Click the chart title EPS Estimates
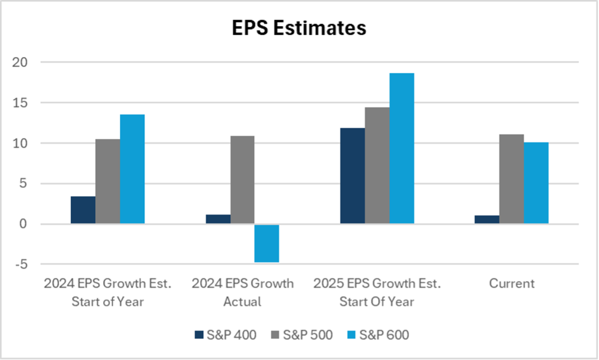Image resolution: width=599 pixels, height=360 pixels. click(x=299, y=29)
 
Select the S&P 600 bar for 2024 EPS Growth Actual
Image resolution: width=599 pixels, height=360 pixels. click(x=267, y=243)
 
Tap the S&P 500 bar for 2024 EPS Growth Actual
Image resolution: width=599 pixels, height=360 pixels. click(x=242, y=180)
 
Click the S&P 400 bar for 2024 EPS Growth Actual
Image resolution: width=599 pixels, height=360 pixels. click(x=218, y=219)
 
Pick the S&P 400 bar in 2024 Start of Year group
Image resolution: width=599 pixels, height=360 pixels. click(x=83, y=210)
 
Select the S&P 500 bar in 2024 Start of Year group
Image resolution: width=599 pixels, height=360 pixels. click(x=108, y=182)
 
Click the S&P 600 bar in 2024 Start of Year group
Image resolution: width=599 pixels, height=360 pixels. click(x=132, y=169)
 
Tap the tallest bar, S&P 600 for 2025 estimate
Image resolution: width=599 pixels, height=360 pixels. click(x=402, y=148)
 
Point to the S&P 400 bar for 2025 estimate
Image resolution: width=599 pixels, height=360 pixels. click(x=352, y=176)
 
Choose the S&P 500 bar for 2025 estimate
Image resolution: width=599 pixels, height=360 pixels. click(x=377, y=165)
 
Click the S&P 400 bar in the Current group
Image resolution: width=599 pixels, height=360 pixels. click(x=487, y=220)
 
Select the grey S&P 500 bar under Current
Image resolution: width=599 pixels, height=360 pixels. click(x=511, y=179)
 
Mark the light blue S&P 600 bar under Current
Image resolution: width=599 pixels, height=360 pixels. click(x=536, y=183)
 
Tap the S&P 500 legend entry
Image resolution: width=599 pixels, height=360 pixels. click(x=301, y=335)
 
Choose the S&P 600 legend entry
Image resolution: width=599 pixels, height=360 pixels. click(x=377, y=335)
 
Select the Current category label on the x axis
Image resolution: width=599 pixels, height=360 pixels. click(x=511, y=283)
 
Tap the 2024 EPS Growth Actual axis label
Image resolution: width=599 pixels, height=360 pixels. click(x=242, y=292)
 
